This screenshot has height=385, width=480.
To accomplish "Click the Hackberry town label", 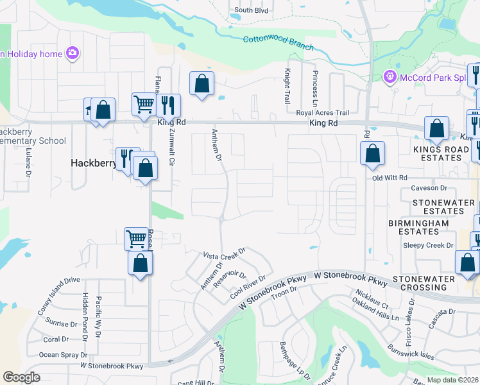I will (x=92, y=164).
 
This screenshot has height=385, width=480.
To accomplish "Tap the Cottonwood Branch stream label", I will (x=279, y=43).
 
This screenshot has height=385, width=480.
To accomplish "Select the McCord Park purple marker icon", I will (x=389, y=78).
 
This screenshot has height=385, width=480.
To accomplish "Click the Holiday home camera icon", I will (x=72, y=53).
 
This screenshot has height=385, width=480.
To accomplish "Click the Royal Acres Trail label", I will (x=321, y=112).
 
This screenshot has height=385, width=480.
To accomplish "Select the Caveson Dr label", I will (x=429, y=188).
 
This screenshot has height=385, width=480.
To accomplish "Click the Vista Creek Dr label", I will (x=225, y=253).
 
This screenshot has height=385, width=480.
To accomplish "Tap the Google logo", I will (x=21, y=377).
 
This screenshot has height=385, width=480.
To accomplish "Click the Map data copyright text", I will (x=452, y=380).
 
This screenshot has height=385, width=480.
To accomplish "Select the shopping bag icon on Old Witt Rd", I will (x=372, y=153).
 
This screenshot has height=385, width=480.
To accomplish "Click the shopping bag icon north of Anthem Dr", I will (x=201, y=83).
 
